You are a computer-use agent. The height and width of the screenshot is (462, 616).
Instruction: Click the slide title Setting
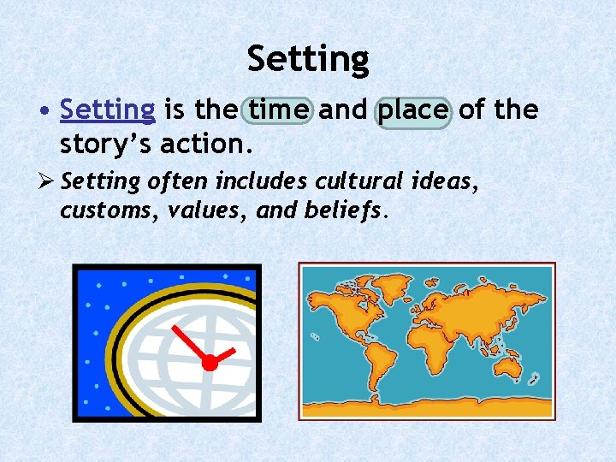tap(308, 59)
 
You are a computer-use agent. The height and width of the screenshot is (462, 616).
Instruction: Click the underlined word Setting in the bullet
tap(108, 110)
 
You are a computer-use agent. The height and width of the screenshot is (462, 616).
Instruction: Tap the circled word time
tap(280, 110)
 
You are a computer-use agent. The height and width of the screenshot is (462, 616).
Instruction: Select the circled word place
tap(413, 110)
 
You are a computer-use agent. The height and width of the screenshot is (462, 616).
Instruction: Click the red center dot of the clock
tap(209, 363)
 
